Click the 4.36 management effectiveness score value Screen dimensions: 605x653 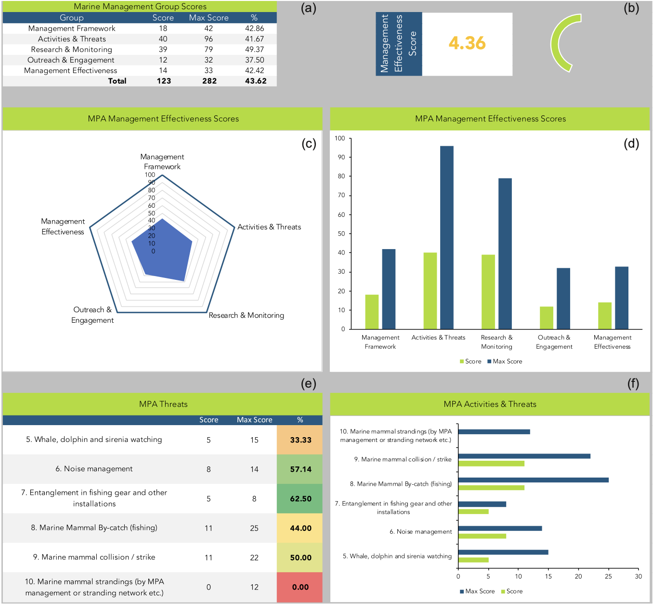click(x=467, y=43)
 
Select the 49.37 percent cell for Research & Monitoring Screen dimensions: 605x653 click(x=254, y=50)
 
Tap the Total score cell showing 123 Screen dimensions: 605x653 click(x=164, y=81)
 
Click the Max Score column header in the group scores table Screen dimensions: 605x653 click(x=209, y=18)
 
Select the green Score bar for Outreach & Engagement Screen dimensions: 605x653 click(x=546, y=317)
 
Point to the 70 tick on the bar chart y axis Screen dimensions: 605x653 click(x=341, y=195)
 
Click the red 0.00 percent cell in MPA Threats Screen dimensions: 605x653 click(x=300, y=587)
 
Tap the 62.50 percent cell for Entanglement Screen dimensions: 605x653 click(x=300, y=499)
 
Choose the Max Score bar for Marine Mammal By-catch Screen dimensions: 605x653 click(x=533, y=480)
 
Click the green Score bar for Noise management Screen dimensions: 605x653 click(x=482, y=536)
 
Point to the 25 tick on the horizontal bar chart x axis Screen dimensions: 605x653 click(x=608, y=576)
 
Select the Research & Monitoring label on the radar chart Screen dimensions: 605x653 click(x=246, y=315)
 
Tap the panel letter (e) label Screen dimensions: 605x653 click(x=308, y=383)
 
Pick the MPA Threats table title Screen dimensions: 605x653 click(x=163, y=404)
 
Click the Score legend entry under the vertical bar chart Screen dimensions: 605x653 click(x=470, y=361)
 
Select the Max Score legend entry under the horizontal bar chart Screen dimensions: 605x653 click(x=477, y=591)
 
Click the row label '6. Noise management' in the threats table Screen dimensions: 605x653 click(x=94, y=469)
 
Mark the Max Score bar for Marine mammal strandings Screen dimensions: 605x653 click(x=494, y=432)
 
